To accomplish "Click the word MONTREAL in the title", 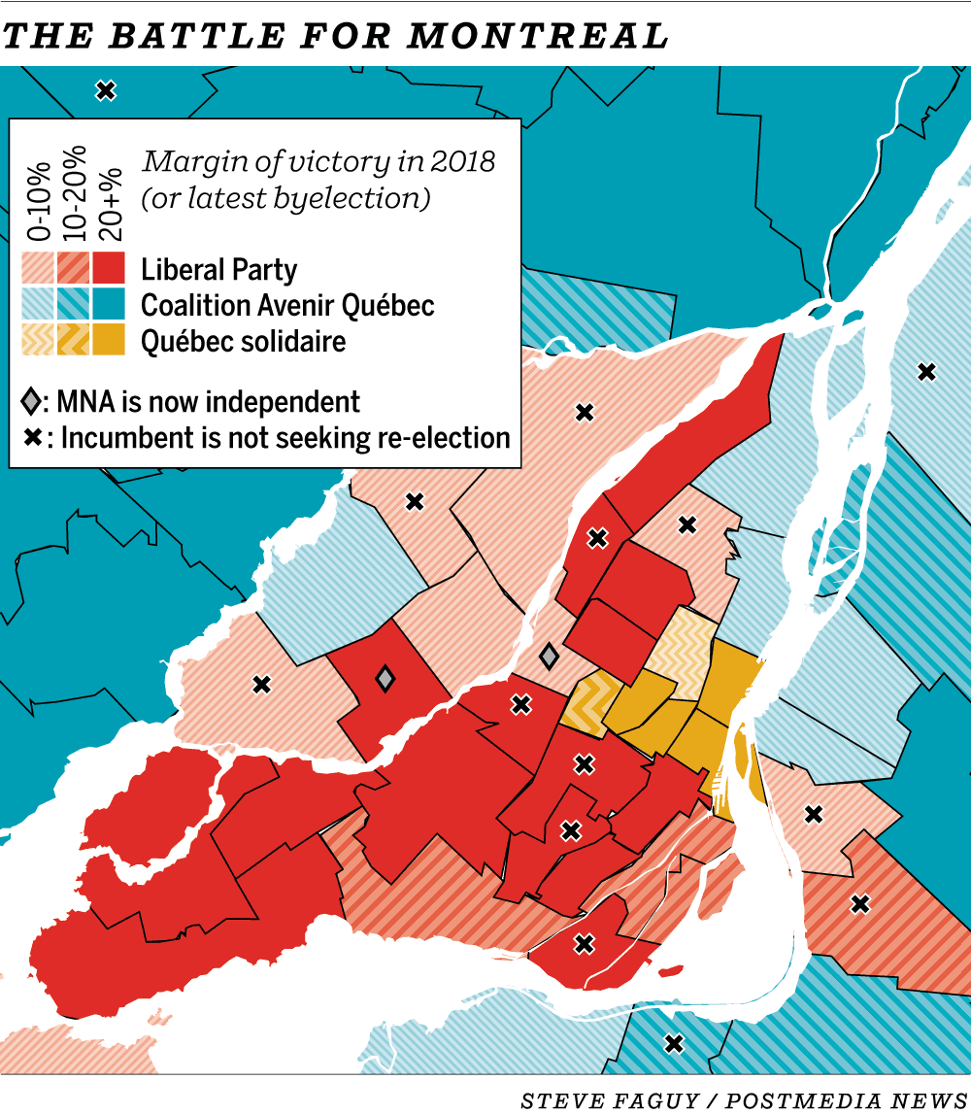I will (538, 36).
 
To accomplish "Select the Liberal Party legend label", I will (218, 270).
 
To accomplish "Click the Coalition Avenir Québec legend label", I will (287, 305).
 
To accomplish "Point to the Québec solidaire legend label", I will (243, 341).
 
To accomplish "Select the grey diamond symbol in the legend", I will (32, 401).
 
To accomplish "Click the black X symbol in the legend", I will (32, 438).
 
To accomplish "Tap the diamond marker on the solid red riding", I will (385, 678).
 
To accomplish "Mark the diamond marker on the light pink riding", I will (549, 657).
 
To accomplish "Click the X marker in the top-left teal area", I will (106, 90).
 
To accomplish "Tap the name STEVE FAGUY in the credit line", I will (595, 1100).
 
